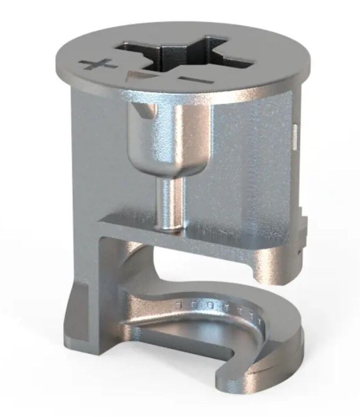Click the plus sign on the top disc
tap(98, 66)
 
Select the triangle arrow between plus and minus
tap(135, 76)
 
